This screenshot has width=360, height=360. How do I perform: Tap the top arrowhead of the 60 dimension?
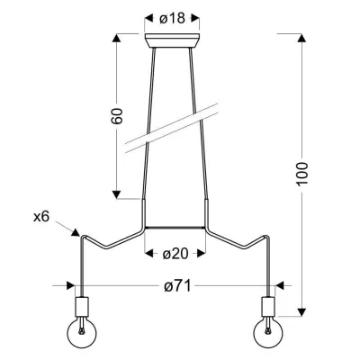coord(117,38)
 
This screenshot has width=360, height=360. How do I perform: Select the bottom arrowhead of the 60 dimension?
coord(117,194)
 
